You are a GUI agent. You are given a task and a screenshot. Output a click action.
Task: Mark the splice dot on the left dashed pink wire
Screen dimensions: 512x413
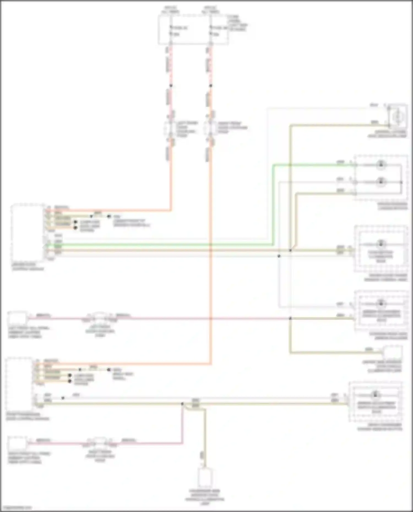pyautogui.click(x=171, y=86)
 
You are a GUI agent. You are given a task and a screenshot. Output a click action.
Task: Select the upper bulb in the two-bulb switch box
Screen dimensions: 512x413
pyautogui.click(x=381, y=164)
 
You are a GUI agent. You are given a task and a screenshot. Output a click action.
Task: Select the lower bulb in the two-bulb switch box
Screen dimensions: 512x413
pyautogui.click(x=381, y=181)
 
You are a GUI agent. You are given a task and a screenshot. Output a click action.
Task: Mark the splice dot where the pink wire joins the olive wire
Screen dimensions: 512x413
pyautogui.click(x=290, y=318)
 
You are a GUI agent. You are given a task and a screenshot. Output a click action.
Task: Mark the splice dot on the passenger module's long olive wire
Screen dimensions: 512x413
pyautogui.click(x=182, y=404)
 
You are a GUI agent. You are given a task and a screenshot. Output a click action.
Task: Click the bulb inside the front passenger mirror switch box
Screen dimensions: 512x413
pyautogui.click(x=375, y=395)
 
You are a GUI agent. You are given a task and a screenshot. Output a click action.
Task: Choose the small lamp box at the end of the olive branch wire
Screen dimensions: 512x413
pyautogui.click(x=393, y=352)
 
